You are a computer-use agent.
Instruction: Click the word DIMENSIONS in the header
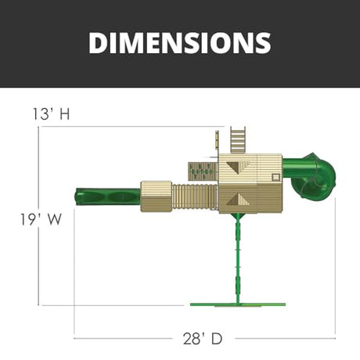point(180,43)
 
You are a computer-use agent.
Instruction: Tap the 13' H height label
point(51,114)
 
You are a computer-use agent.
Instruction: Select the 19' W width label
point(41,219)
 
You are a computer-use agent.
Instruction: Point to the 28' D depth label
point(203,339)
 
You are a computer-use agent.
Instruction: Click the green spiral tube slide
point(311,175)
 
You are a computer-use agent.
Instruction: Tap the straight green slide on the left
point(107,196)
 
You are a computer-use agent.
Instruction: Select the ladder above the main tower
point(238,140)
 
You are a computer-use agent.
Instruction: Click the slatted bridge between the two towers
point(195,196)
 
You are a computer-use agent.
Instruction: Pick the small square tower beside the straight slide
point(156,196)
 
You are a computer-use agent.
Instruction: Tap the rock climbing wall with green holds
point(203,171)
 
